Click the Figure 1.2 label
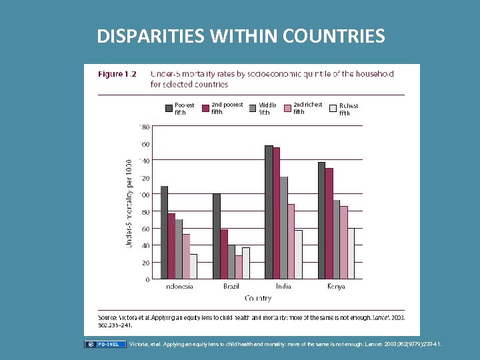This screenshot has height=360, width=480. pos(117,74)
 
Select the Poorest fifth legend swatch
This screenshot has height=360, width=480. pos(169,108)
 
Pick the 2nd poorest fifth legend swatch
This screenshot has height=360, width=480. pos(205,108)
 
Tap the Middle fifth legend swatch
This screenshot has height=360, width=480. pos(253,108)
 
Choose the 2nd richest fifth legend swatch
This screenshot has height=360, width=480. pos(288,108)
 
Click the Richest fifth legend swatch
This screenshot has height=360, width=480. pos(333,108)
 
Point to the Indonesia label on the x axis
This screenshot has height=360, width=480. pos(179,286)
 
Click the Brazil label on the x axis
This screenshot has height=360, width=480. pos(231,286)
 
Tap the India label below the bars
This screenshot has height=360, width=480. pos(283,286)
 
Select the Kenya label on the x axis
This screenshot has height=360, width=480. pos(336,286)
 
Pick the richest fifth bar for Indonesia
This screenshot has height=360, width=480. pos(193,266)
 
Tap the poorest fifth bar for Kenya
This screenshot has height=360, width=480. pos(321,220)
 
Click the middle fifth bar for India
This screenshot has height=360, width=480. pos(283,227)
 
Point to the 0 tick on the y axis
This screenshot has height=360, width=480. pos(147,279)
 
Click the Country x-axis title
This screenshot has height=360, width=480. pos(257,298)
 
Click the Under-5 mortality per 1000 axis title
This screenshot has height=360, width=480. pos(129,203)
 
